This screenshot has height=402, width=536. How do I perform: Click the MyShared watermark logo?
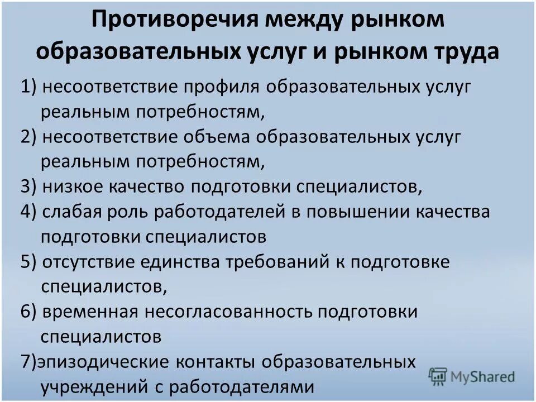point(472,376)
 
